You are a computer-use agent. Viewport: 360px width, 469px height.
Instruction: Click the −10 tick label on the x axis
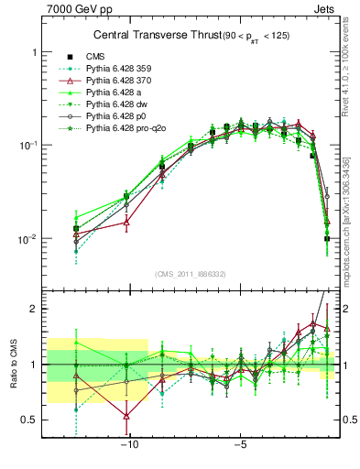pos(130,446)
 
